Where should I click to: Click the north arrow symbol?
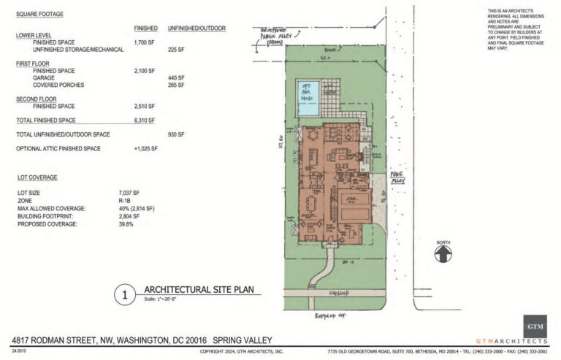click(x=443, y=253)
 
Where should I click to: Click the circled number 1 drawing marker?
click(x=125, y=295)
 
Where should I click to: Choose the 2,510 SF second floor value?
click(x=147, y=105)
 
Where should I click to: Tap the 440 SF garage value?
click(x=177, y=77)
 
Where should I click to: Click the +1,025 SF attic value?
click(x=146, y=149)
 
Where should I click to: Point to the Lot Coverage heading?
click(x=38, y=177)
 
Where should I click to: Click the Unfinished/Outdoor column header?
click(x=196, y=28)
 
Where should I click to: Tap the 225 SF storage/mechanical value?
click(x=177, y=50)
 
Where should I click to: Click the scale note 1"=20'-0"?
click(x=164, y=299)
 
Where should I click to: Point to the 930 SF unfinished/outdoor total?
click(x=177, y=134)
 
